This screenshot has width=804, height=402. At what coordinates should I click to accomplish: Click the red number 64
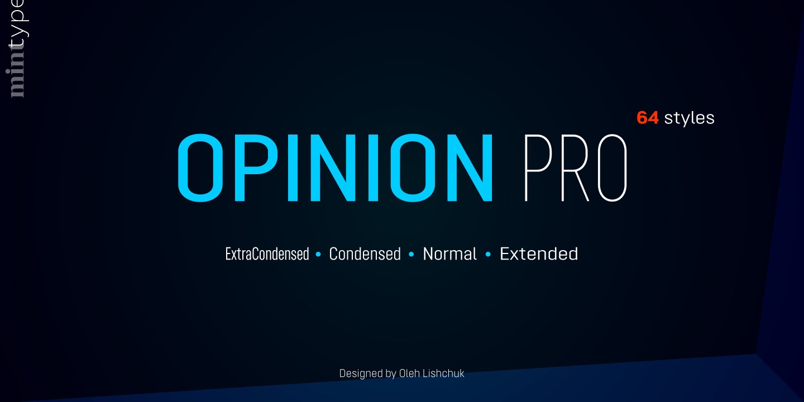[x=648, y=118]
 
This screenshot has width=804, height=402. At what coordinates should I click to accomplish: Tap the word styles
[x=690, y=118]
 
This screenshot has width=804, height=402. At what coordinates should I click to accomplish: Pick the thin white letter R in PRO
[x=572, y=167]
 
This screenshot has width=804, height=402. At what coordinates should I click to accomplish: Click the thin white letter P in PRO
[x=537, y=167]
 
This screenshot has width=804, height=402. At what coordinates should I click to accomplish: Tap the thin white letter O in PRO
[x=610, y=167]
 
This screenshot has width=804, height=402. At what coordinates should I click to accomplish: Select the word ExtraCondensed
[x=267, y=254]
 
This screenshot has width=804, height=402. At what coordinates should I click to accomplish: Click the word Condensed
[x=365, y=254]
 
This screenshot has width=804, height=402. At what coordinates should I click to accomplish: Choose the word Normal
[x=449, y=254]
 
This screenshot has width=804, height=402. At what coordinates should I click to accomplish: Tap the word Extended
[x=539, y=254]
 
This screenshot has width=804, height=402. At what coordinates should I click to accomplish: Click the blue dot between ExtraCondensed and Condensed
[x=319, y=255]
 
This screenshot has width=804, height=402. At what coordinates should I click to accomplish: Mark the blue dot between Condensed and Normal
[x=411, y=255]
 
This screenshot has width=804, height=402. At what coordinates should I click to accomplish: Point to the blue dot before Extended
[x=488, y=255]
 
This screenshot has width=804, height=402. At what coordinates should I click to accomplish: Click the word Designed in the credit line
[x=360, y=373]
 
